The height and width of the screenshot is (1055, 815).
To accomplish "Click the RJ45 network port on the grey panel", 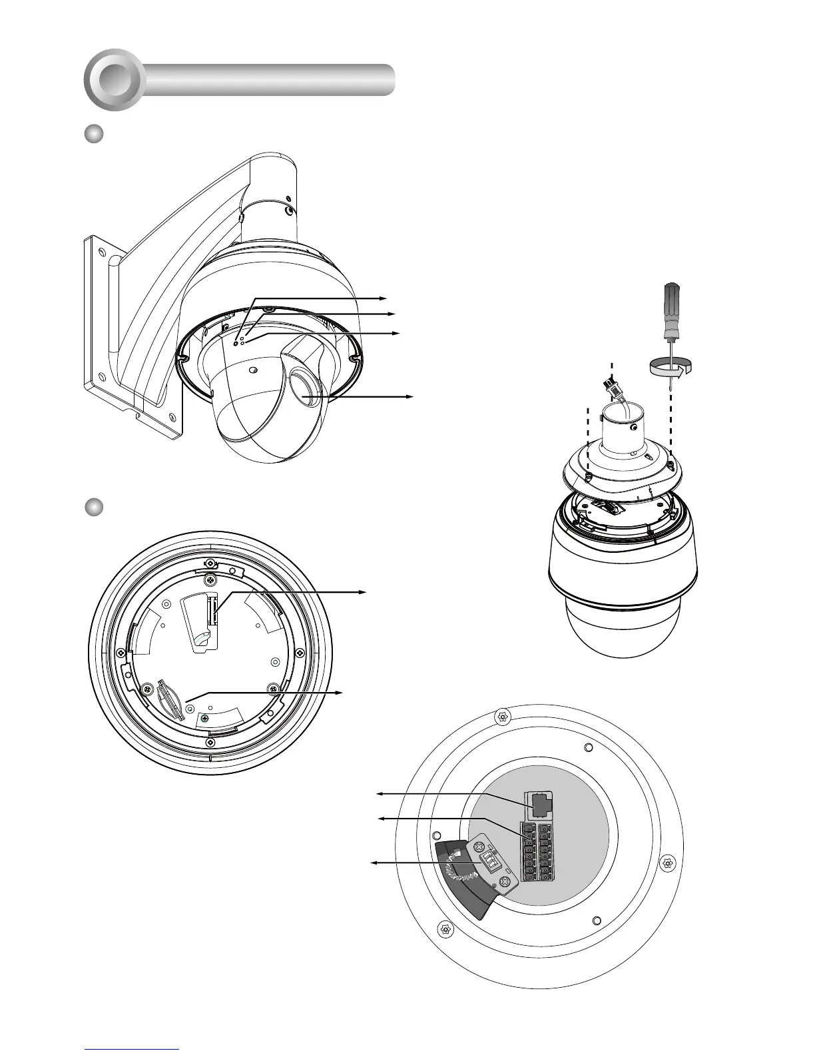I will [539, 805].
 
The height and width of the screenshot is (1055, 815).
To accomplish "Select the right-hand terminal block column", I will [545, 853].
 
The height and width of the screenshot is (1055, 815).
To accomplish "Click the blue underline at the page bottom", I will [133, 1048].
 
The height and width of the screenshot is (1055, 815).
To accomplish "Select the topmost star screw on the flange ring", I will [503, 717].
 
